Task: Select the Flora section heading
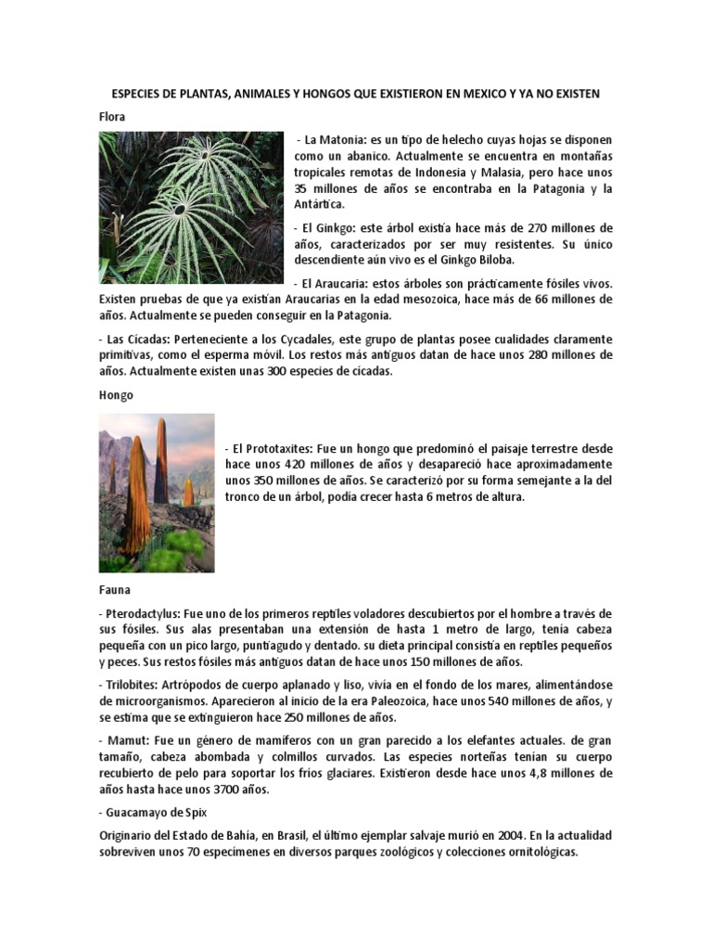point(111,117)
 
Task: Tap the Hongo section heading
point(116,394)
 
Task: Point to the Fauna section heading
point(115,589)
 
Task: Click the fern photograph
point(191,207)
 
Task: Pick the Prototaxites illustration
point(157,493)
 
